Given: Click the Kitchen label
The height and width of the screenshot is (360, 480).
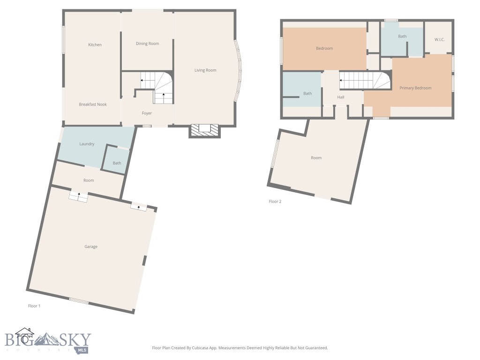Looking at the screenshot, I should click(x=95, y=45).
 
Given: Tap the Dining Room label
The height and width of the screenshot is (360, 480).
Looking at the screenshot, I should click(x=147, y=44).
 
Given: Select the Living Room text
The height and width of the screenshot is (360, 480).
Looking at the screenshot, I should click(x=205, y=70).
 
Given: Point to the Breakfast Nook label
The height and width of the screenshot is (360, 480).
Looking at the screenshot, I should click(x=92, y=105).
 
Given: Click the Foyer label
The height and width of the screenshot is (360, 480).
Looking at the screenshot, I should click(x=147, y=113).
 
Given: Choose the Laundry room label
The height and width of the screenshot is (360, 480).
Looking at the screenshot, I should click(x=87, y=144).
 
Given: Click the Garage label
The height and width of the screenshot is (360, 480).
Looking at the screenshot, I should click(x=91, y=247).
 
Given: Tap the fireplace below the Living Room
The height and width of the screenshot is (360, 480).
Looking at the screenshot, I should click(x=204, y=130).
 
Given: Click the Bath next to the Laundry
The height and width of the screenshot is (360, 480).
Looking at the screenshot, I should click(x=117, y=163).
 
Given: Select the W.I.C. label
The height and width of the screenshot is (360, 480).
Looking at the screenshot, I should click(x=439, y=39).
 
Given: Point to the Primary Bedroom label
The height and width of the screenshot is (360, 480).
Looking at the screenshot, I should click(x=415, y=88).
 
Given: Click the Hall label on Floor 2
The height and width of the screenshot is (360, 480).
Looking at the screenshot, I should click(x=341, y=97).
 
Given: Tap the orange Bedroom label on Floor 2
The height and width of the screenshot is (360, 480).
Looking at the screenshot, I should click(x=324, y=48).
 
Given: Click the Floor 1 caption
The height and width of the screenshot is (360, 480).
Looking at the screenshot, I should click(x=34, y=306).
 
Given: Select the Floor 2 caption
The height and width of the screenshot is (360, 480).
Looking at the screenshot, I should click(x=275, y=202).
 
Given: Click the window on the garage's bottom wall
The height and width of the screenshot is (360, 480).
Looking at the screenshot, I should click(x=79, y=301).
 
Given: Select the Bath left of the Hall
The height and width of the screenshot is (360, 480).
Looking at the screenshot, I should click(x=307, y=93).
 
